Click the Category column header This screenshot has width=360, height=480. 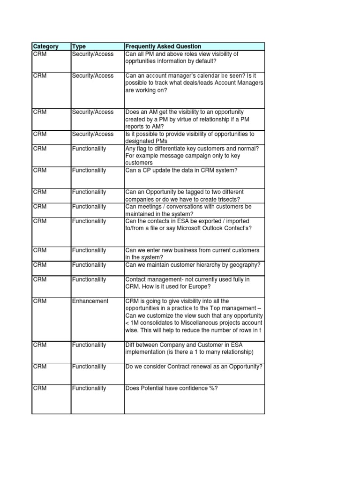(x=46, y=46)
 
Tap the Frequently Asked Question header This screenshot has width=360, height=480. (x=163, y=46)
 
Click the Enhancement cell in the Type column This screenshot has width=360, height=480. (x=90, y=301)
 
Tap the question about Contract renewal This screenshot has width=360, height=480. (x=194, y=367)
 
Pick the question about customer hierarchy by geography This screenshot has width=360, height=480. (x=193, y=265)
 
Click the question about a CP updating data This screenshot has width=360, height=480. (x=181, y=170)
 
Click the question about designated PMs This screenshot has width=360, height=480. (x=190, y=137)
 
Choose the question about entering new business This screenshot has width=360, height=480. (x=192, y=254)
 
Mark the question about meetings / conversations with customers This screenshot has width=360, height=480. (x=188, y=210)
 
